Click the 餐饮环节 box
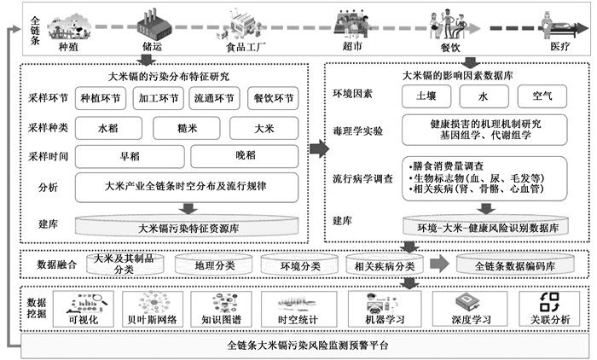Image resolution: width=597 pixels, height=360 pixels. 272,98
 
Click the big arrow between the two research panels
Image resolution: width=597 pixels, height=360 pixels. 317,149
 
